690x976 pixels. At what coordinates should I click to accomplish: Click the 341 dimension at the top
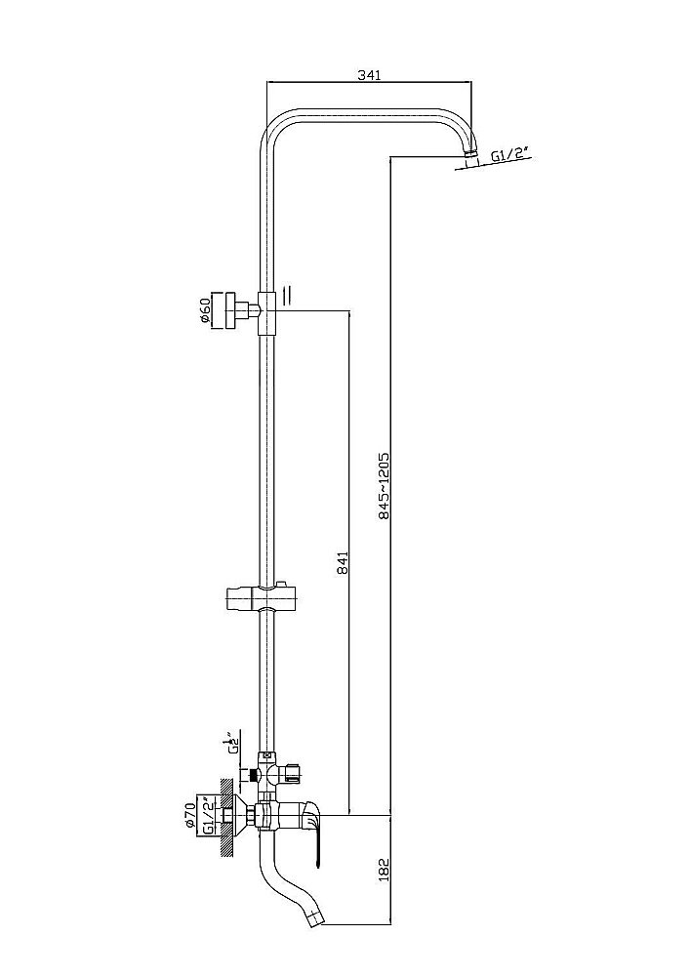368,74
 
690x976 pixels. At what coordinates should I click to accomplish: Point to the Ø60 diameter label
205,311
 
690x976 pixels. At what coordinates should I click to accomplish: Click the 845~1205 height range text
384,485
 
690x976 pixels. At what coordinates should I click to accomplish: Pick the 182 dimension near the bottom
384,868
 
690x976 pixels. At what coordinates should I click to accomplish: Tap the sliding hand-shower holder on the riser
254,596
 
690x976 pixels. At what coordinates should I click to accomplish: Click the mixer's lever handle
312,831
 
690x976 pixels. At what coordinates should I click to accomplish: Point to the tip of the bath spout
313,918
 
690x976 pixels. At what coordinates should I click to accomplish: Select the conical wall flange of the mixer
227,815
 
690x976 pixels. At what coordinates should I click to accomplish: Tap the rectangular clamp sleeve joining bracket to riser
266,313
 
